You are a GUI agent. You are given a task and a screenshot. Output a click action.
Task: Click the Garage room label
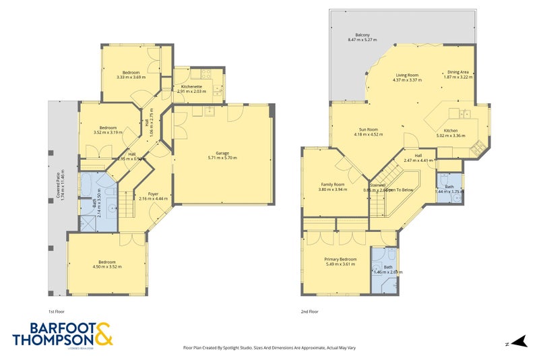point(222,152)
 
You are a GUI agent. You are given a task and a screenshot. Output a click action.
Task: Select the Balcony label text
point(362,35)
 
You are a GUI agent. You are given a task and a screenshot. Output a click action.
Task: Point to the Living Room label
point(407,75)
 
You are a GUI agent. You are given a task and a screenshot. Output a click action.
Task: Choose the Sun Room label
point(368,129)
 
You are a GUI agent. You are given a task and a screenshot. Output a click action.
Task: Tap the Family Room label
point(332,184)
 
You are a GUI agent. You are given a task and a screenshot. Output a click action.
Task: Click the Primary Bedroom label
point(340,259)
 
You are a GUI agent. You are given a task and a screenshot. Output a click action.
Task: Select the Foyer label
point(152,193)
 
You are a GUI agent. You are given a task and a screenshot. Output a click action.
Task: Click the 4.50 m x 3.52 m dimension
point(107,267)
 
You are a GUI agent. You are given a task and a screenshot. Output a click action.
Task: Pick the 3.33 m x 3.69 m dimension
point(131,78)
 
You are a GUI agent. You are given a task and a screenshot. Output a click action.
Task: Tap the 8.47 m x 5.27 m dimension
point(362,40)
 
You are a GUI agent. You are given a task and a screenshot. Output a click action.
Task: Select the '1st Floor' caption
point(57,311)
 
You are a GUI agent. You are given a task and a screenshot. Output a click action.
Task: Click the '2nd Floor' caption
point(311,311)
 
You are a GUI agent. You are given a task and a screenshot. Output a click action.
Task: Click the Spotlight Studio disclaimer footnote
point(269,348)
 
